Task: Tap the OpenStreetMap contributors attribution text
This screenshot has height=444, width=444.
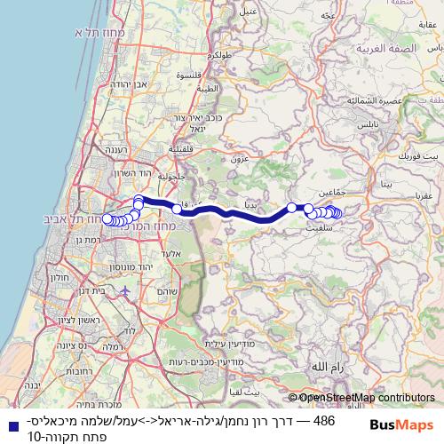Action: coord(367,399)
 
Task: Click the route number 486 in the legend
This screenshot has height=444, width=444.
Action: coord(324,420)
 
